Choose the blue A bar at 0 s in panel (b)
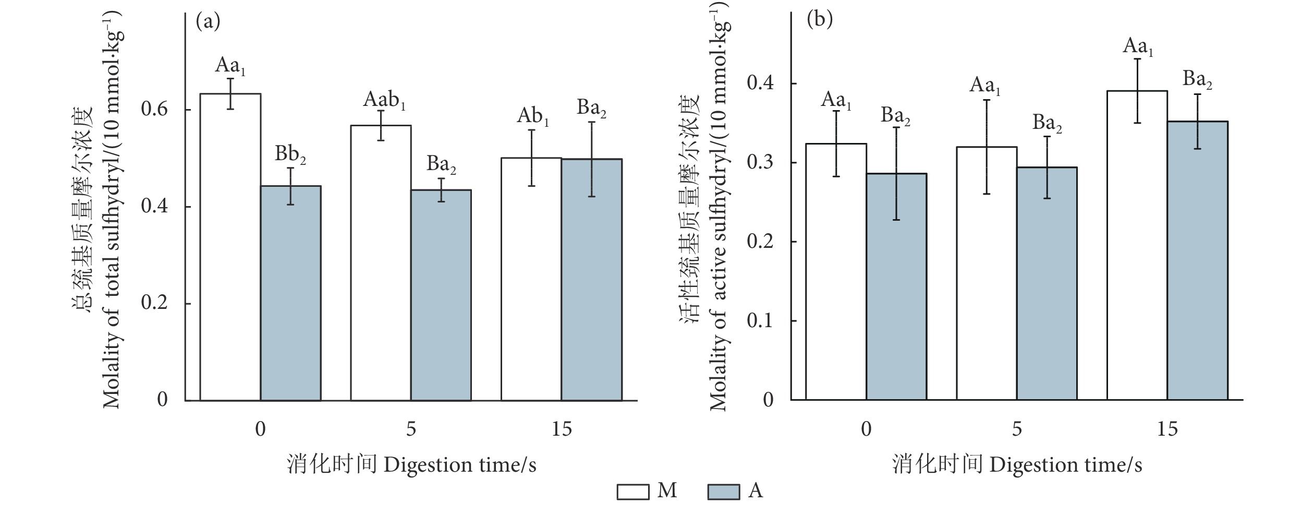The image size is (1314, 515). point(896,286)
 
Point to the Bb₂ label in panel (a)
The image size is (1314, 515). point(290,155)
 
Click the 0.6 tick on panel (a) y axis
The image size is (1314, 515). point(154,110)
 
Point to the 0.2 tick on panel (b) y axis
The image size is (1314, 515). point(760,242)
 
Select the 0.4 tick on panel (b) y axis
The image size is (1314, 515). point(760,83)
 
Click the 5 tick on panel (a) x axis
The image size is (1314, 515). point(411,429)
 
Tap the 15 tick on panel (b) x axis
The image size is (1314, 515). point(1167,429)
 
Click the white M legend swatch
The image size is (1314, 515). point(633,492)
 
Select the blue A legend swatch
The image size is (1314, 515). point(723,492)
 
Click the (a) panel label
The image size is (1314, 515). point(208,21)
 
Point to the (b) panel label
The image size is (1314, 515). point(820,20)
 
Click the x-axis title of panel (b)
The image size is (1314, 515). point(1017,464)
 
